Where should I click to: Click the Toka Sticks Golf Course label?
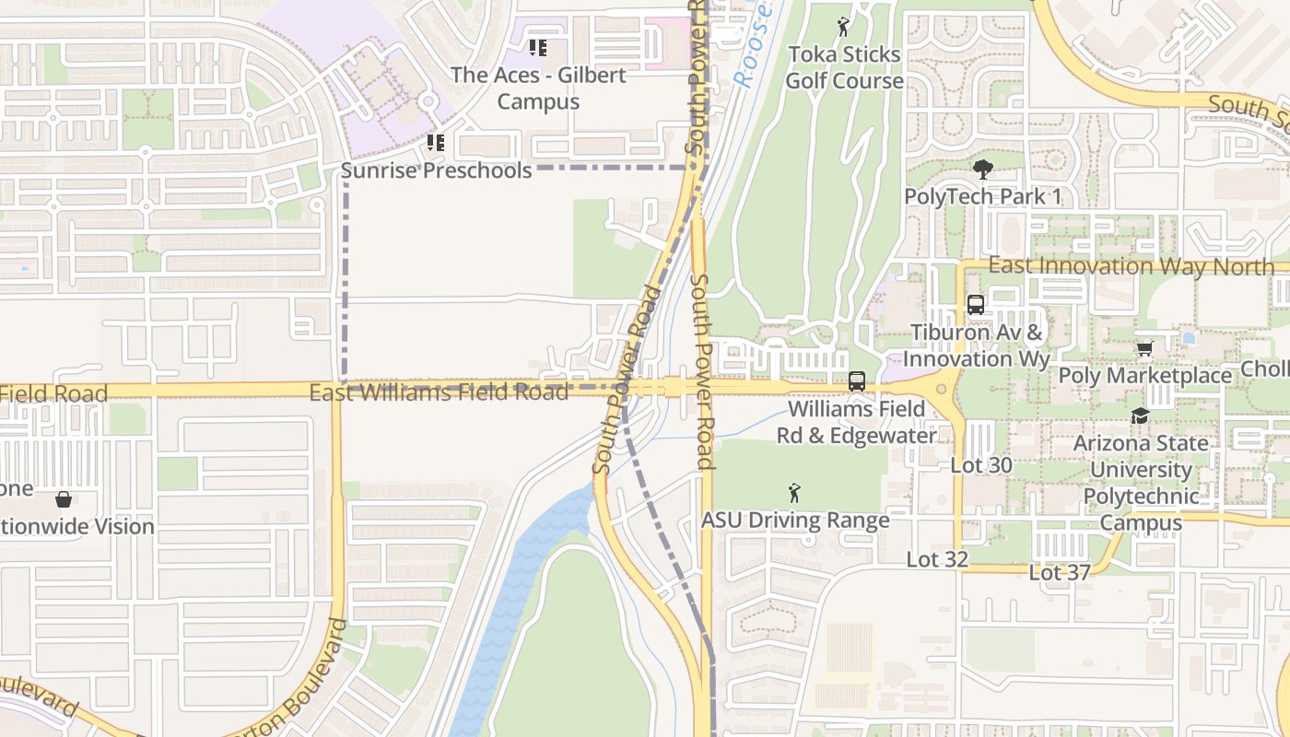click(x=845, y=67)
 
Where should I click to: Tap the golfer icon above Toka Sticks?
click(x=843, y=28)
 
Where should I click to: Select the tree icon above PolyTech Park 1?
click(x=983, y=170)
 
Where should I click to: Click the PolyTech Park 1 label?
click(x=983, y=196)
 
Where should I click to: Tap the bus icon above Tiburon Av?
click(x=976, y=305)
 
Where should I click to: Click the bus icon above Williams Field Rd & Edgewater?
click(x=857, y=380)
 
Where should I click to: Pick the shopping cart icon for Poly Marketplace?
click(x=1144, y=348)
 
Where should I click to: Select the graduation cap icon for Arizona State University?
click(x=1141, y=415)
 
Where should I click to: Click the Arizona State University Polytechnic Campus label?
click(x=1141, y=483)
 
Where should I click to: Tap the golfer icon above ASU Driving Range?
click(x=794, y=493)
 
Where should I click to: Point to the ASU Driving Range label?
click(x=795, y=520)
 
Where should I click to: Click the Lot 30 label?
click(x=981, y=465)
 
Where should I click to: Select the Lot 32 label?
click(x=937, y=559)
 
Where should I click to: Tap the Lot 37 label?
click(x=1060, y=572)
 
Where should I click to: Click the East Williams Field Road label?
click(x=439, y=392)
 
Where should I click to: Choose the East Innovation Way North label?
click(x=1132, y=266)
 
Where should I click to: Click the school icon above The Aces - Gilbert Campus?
click(x=538, y=47)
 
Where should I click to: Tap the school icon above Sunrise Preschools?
click(x=436, y=143)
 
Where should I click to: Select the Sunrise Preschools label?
click(x=437, y=170)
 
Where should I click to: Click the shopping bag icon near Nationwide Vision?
click(x=64, y=499)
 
